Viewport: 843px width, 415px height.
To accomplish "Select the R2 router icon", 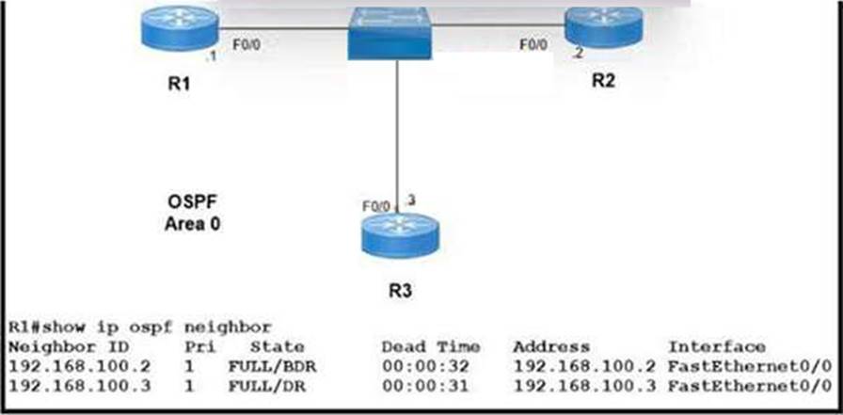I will coord(603,26).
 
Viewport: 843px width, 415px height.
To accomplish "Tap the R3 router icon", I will coord(399,233).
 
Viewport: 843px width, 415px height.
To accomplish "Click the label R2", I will coord(603,80).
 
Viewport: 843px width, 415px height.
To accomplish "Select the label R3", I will coord(400,291).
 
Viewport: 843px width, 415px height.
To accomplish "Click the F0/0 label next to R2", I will coord(534,43).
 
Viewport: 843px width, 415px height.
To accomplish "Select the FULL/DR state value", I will coord(259,382).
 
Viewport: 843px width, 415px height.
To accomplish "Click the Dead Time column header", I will coord(431,346).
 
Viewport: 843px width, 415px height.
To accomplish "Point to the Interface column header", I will coord(716,346).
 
